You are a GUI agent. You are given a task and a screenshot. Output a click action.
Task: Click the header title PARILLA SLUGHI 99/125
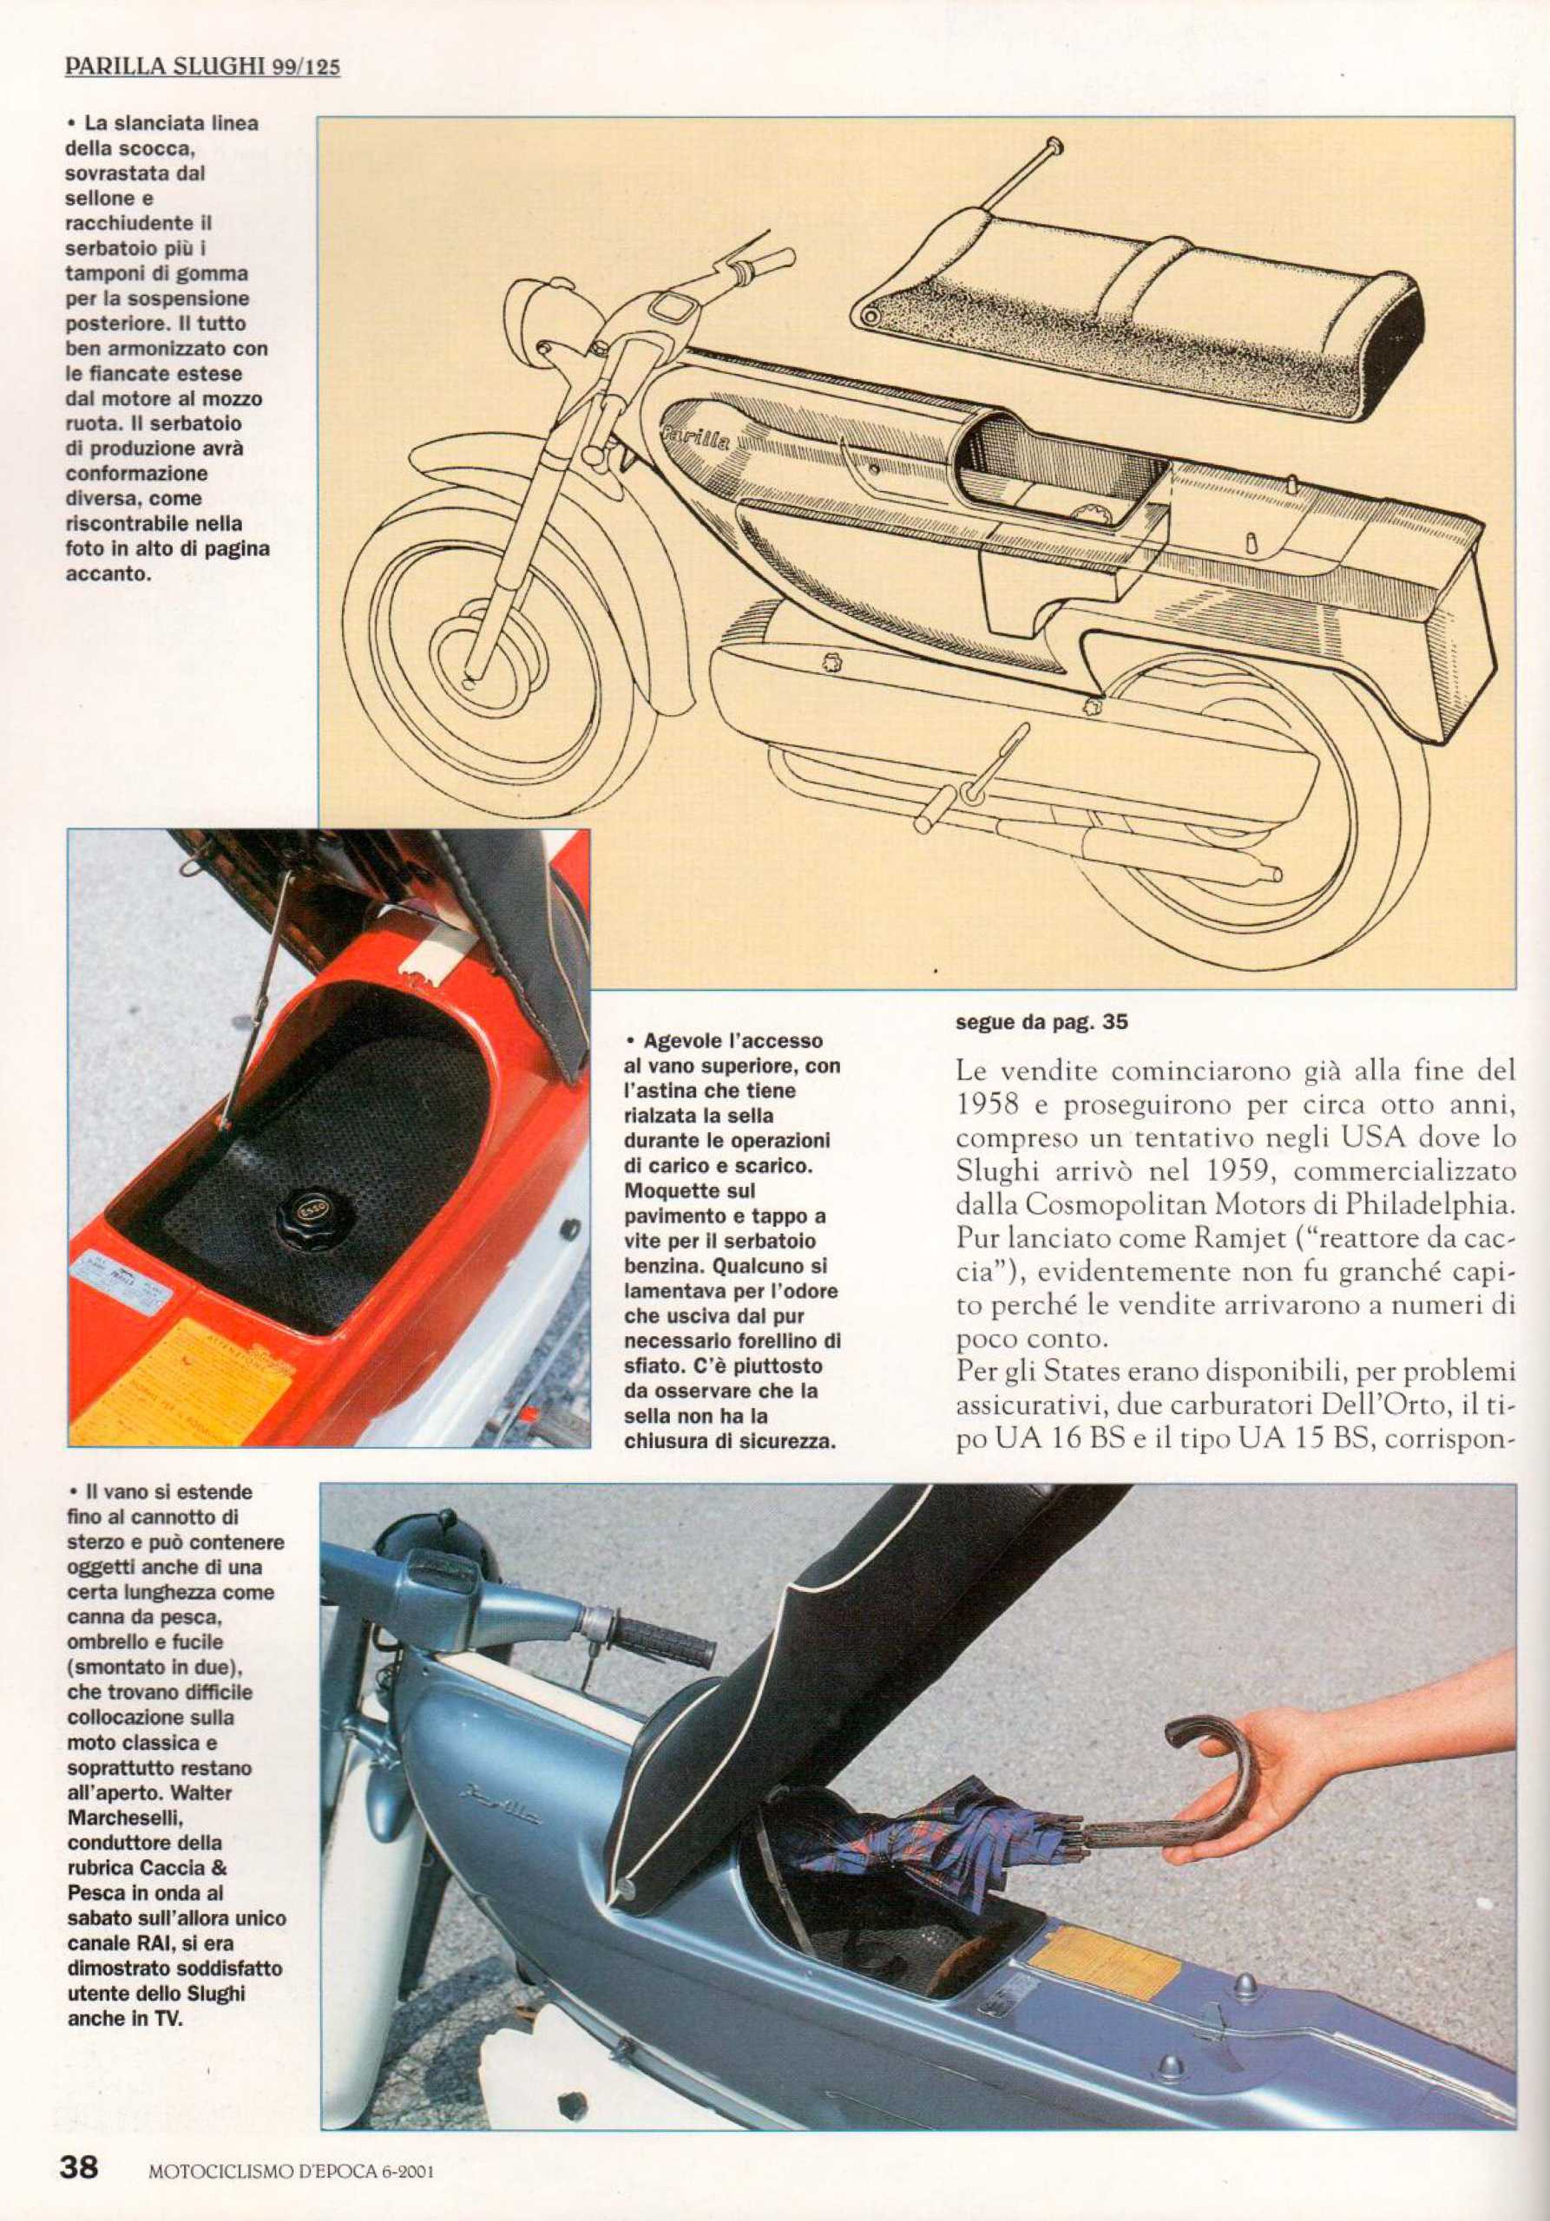click(202, 67)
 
